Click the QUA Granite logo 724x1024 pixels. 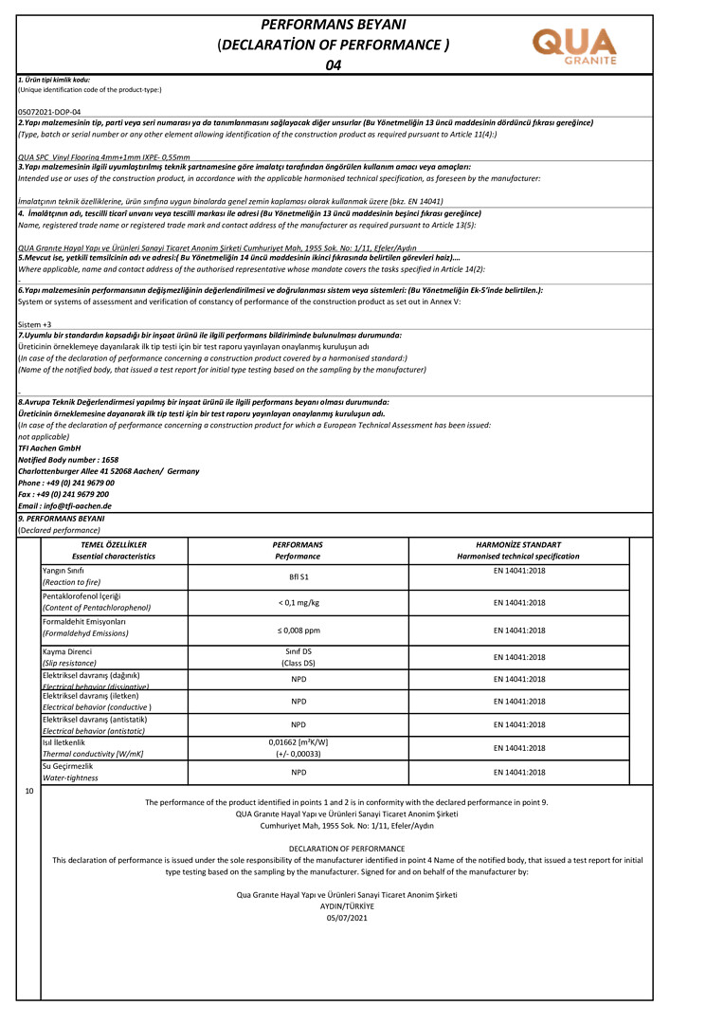pyautogui.click(x=575, y=46)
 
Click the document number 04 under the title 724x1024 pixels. pyautogui.click(x=333, y=65)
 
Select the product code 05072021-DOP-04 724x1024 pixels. pyautogui.click(x=49, y=112)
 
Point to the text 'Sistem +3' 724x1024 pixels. pyautogui.click(x=34, y=324)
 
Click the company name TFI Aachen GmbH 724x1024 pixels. pyautogui.click(x=49, y=448)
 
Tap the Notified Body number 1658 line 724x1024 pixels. pyautogui.click(x=68, y=459)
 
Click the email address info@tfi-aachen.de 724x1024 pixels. pyautogui.click(x=64, y=505)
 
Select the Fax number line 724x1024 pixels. pyautogui.click(x=63, y=494)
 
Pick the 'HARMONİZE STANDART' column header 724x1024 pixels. pyautogui.click(x=517, y=545)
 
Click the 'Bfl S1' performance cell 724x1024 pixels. pyautogui.click(x=298, y=576)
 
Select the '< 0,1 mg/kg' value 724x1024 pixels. pyautogui.click(x=298, y=602)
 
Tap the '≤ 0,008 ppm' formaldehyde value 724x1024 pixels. pyautogui.click(x=298, y=630)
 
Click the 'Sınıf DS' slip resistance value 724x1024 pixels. pyautogui.click(x=298, y=652)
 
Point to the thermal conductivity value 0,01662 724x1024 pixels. pyautogui.click(x=298, y=742)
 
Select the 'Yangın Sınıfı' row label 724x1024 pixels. pyautogui.click(x=63, y=571)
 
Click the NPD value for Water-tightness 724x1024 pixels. pyautogui.click(x=298, y=772)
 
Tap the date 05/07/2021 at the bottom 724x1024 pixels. pyautogui.click(x=346, y=917)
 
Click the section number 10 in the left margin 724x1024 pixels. pyautogui.click(x=29, y=790)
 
